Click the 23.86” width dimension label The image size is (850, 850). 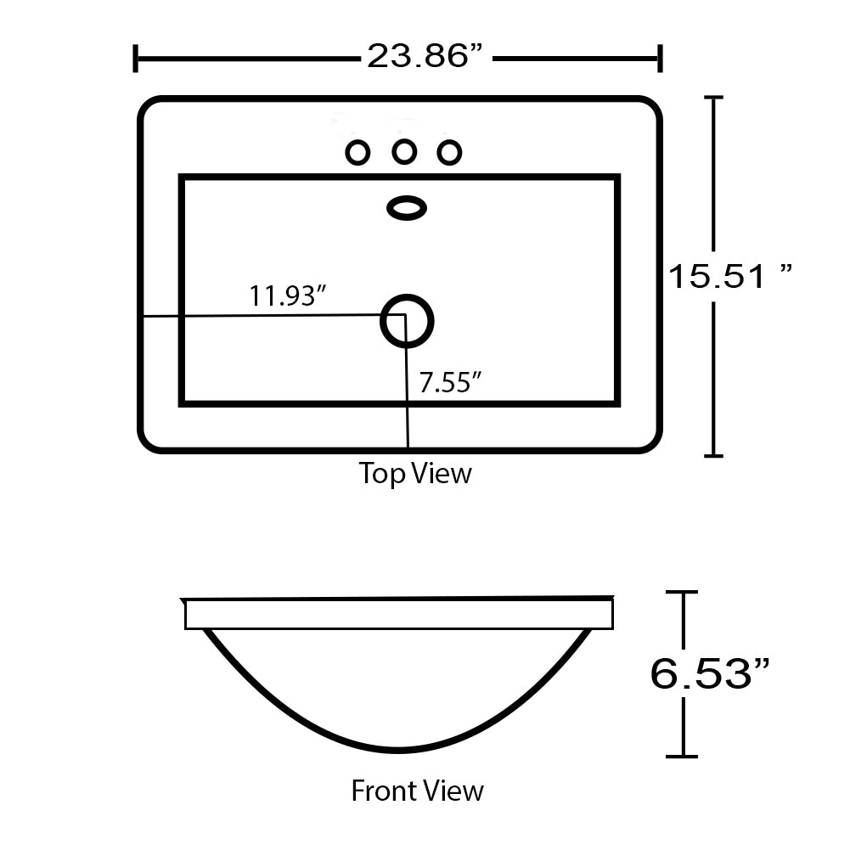(x=425, y=56)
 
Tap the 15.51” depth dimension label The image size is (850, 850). (x=729, y=275)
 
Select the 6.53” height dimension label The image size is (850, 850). (x=710, y=673)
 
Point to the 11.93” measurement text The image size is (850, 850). (x=287, y=296)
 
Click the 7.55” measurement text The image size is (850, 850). (x=451, y=383)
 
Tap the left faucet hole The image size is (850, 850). (x=357, y=153)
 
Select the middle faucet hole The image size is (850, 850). (x=404, y=152)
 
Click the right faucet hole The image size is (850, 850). (x=449, y=153)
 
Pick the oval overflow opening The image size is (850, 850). (x=407, y=208)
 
